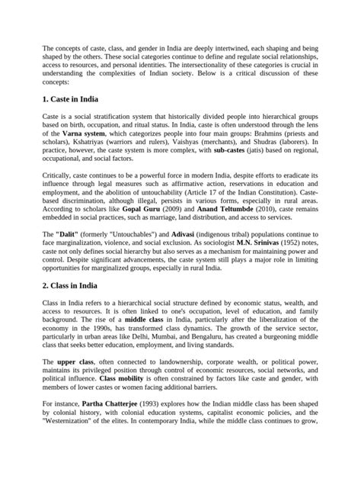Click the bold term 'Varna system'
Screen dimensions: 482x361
82,133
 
